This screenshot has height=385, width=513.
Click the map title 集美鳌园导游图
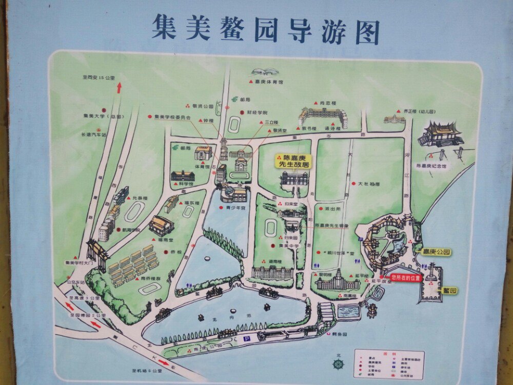(265, 30)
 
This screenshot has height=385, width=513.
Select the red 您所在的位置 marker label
(406, 278)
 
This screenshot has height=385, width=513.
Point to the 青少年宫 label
(236, 208)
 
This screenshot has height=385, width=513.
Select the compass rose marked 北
(339, 363)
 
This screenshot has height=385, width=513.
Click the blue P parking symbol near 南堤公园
(247, 339)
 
